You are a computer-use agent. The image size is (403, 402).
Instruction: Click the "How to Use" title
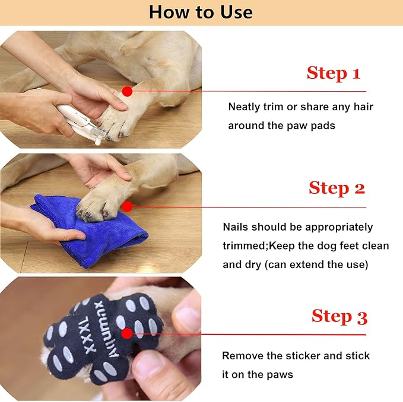(x=201, y=12)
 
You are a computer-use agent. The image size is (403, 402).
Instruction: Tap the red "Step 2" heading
(x=337, y=188)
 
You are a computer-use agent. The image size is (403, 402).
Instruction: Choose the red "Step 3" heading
(x=339, y=316)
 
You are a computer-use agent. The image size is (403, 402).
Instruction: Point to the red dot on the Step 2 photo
(x=126, y=206)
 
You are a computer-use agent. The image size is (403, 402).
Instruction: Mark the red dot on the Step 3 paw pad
(x=126, y=333)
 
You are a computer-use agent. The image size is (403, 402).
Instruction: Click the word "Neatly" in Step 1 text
(x=245, y=107)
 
